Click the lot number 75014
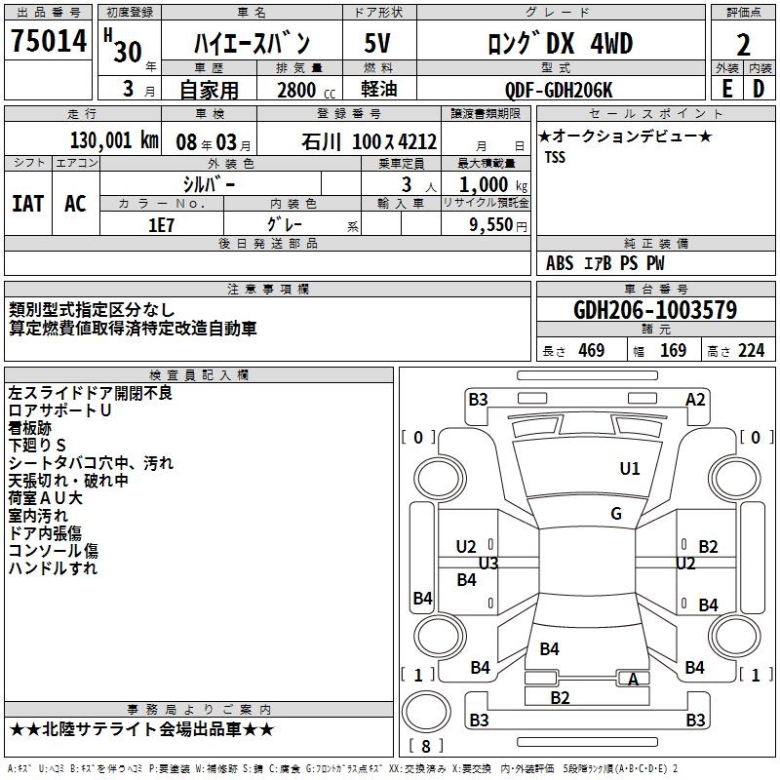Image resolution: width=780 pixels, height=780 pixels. pyautogui.click(x=49, y=44)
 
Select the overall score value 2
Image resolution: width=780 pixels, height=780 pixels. pyautogui.click(x=743, y=44)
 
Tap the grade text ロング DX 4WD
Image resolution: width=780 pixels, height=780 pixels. pyautogui.click(x=560, y=44)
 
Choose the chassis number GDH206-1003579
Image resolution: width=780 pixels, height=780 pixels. pyautogui.click(x=655, y=310)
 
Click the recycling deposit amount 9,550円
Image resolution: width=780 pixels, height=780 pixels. pyautogui.click(x=497, y=224)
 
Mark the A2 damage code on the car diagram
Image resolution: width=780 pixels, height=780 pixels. pyautogui.click(x=695, y=399)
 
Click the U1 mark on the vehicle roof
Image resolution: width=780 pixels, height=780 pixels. pyautogui.click(x=630, y=469)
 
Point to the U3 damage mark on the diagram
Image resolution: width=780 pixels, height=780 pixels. pyautogui.click(x=488, y=564)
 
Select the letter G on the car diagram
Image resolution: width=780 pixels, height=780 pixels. pyautogui.click(x=616, y=514)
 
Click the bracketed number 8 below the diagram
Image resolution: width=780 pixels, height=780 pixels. pyautogui.click(x=426, y=746)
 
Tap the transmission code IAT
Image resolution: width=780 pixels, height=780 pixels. pyautogui.click(x=27, y=204)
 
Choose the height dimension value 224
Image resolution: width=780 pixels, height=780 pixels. pyautogui.click(x=751, y=351)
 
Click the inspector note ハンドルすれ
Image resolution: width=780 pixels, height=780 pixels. pyautogui.click(x=53, y=568)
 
